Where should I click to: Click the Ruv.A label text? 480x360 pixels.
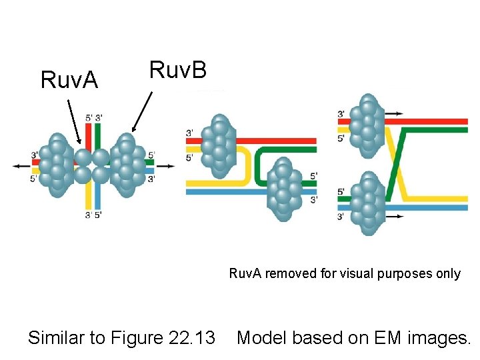coord(69,80)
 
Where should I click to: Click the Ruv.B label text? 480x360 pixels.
coord(177,69)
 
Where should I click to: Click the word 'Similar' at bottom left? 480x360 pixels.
coord(59,338)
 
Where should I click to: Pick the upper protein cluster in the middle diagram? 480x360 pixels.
coord(219,147)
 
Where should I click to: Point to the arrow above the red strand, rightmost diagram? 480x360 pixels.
coord(393,114)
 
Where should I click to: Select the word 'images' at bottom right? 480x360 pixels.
coord(433,338)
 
